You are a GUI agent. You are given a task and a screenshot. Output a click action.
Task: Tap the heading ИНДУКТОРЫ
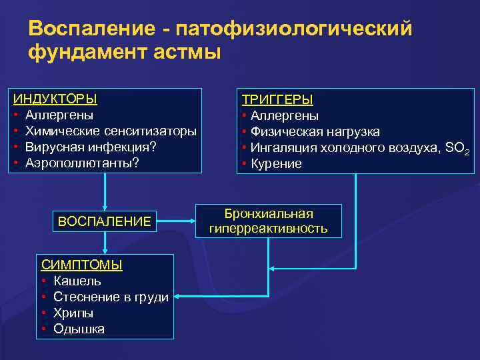[55, 99]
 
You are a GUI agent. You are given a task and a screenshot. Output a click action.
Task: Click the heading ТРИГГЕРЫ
[277, 99]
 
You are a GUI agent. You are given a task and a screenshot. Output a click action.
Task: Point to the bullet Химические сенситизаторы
[111, 131]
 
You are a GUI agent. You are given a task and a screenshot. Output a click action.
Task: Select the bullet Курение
[276, 164]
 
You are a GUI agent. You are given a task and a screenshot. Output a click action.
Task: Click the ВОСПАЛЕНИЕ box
[105, 221]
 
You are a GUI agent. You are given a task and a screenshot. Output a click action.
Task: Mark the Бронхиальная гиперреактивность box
[269, 221]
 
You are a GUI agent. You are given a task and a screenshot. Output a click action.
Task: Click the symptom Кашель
[77, 281]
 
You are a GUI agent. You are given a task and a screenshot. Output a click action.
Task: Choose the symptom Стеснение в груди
[111, 297]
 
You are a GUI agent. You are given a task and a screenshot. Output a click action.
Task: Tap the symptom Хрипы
[73, 313]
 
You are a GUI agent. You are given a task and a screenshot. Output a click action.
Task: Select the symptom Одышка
[79, 329]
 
